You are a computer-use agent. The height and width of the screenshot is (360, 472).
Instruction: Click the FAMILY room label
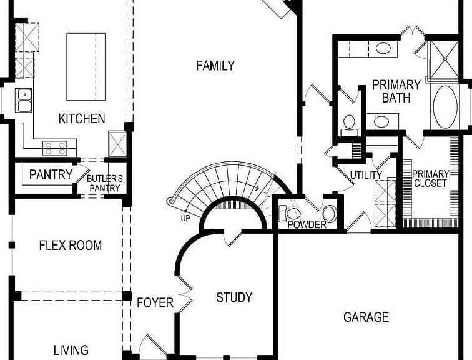[x=215, y=66]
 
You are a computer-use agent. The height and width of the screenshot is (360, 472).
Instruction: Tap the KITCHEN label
[x=82, y=118]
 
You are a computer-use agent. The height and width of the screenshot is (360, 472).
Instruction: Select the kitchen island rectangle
[x=86, y=67]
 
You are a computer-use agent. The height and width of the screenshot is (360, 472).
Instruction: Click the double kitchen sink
[x=24, y=101]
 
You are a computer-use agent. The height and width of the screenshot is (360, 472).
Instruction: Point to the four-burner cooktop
[x=55, y=148]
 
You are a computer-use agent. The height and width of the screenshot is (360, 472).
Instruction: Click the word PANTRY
[x=51, y=174]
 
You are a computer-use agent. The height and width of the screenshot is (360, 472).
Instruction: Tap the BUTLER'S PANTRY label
[x=105, y=183]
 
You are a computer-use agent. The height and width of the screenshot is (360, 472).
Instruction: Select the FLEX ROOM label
[x=71, y=245]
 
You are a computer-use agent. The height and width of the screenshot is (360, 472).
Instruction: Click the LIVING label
[x=71, y=350]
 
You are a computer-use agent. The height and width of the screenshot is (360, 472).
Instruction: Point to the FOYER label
[x=155, y=302]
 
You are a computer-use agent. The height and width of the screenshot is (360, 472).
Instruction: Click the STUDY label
[x=234, y=297]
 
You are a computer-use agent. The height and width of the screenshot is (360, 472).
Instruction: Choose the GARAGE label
[x=366, y=317]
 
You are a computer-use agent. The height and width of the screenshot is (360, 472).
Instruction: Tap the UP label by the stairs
[x=185, y=218]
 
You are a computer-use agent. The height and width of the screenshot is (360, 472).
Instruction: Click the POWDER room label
[x=307, y=224]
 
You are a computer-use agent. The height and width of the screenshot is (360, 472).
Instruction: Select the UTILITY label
[x=366, y=175]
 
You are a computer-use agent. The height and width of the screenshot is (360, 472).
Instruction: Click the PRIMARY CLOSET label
[x=430, y=178]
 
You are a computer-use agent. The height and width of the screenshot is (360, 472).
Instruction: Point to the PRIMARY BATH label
[x=396, y=91]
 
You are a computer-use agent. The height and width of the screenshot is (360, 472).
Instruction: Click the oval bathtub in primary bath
[x=445, y=107]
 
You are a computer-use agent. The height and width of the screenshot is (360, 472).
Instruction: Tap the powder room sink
[x=329, y=214]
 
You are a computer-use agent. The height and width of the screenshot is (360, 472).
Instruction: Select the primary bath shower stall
[x=444, y=59]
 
